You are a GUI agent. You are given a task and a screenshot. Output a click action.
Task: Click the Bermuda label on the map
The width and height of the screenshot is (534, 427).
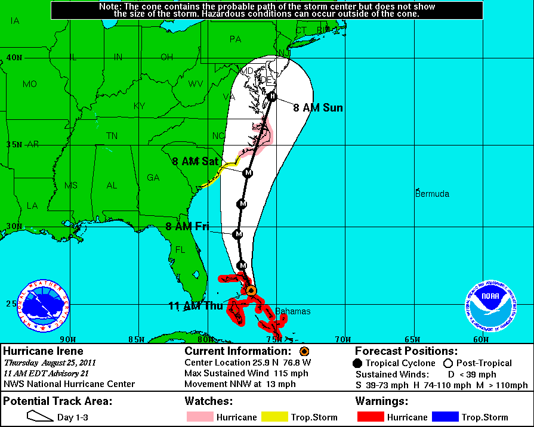click(432, 194)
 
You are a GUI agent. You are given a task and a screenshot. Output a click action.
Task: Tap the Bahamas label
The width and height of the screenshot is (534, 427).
click(292, 311)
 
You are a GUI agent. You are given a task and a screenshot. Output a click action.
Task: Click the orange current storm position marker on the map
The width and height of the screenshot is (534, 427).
click(251, 290)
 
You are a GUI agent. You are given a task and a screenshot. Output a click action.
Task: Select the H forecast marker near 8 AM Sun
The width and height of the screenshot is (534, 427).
click(272, 97)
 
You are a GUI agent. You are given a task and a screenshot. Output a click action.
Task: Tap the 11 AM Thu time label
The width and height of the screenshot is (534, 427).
click(195, 306)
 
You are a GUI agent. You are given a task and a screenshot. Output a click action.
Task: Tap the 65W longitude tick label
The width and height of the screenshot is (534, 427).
click(412, 340)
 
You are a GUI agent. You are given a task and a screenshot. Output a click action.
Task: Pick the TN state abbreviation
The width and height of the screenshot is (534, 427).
click(112, 136)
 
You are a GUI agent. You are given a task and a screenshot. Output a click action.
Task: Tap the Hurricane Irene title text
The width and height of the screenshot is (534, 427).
click(44, 351)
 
